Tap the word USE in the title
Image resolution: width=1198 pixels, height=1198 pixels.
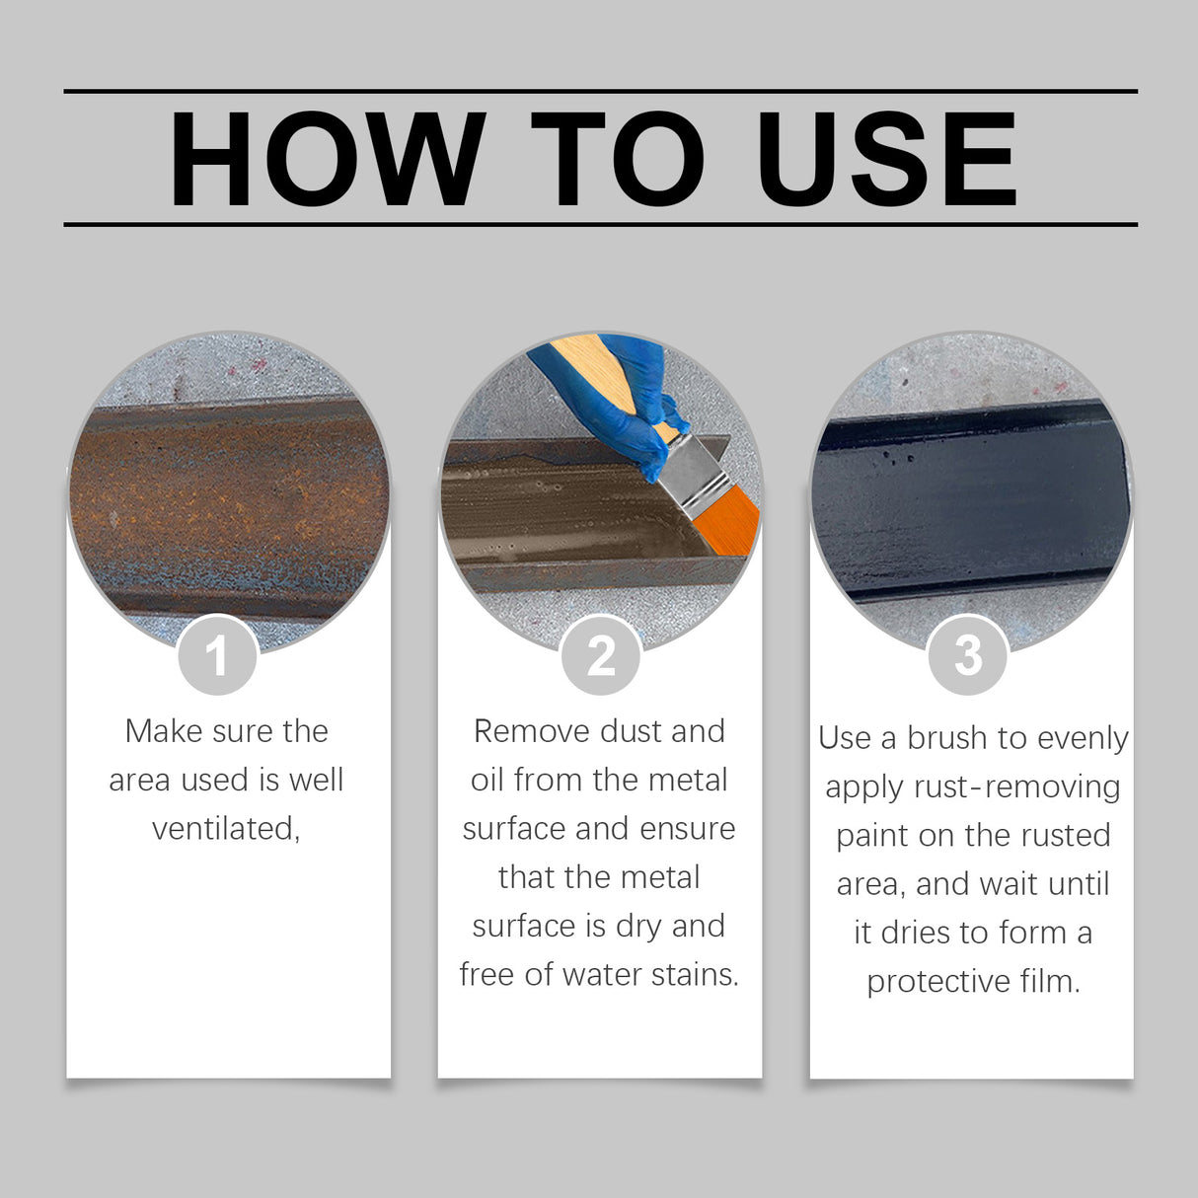coord(885,159)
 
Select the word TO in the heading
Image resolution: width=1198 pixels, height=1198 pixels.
coord(617,159)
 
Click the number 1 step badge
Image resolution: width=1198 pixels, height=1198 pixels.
coord(217,655)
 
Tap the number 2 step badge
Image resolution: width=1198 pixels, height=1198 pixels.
coord(600,655)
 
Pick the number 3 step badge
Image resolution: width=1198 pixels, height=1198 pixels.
coord(968,655)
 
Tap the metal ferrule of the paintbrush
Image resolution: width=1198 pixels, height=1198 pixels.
coord(691,474)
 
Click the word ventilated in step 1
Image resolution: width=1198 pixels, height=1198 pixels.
coord(225,828)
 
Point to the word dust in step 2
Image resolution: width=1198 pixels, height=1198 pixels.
coord(632,731)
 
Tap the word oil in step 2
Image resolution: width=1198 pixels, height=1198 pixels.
coord(487,780)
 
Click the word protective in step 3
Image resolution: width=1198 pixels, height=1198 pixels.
coord(938,981)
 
